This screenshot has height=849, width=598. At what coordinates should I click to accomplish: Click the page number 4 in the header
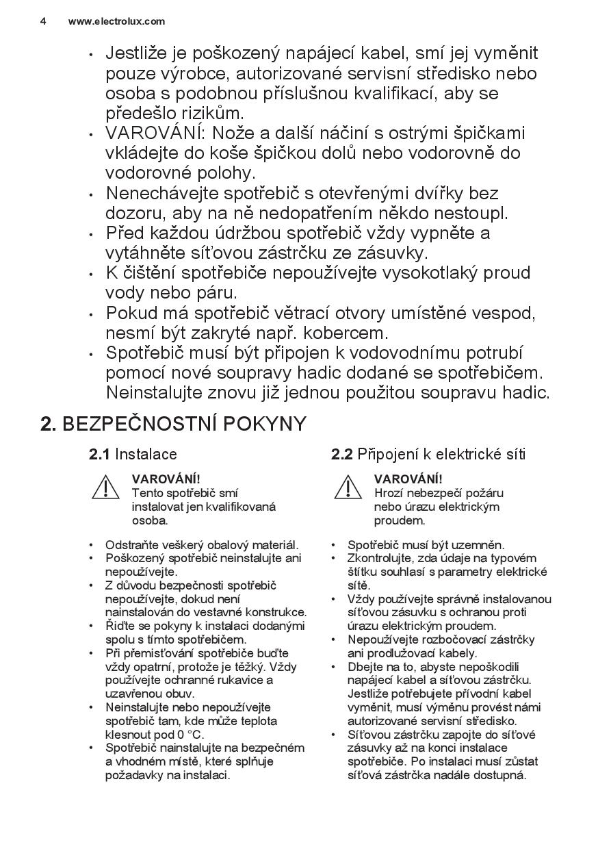pyautogui.click(x=43, y=21)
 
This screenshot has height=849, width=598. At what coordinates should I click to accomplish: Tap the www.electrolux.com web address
pyautogui.click(x=116, y=21)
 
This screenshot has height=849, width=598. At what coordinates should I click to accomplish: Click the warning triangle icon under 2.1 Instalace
pyautogui.click(x=106, y=487)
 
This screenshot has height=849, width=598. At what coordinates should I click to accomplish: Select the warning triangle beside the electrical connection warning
pyautogui.click(x=348, y=487)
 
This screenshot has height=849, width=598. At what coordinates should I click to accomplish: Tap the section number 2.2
pyautogui.click(x=341, y=454)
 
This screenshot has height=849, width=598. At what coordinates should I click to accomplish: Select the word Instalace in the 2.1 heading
pyautogui.click(x=146, y=454)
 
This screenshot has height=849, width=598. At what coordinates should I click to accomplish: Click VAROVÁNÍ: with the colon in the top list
pyautogui.click(x=151, y=132)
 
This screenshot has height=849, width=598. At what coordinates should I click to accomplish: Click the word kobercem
pyautogui.click(x=346, y=333)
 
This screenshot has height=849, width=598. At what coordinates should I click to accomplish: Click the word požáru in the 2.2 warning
pyautogui.click(x=482, y=493)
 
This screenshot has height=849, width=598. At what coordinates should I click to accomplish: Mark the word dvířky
pyautogui.click(x=429, y=194)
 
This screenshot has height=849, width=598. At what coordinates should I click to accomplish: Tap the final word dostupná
pyautogui.click(x=503, y=775)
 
